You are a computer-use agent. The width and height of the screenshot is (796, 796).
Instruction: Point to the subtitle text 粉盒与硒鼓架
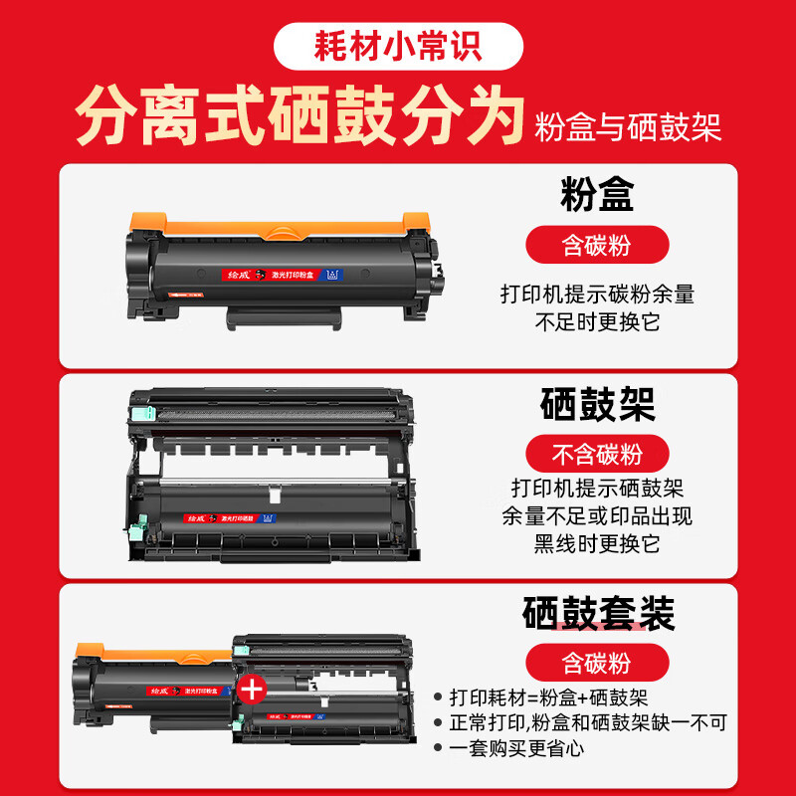tap(628, 127)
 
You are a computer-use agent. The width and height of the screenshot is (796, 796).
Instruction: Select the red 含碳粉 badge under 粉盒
tap(597, 244)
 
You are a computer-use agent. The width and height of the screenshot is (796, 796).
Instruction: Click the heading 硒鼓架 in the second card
tap(598, 405)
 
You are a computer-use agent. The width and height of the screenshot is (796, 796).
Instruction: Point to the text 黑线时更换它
tap(598, 543)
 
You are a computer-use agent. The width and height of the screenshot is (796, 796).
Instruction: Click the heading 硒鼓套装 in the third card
tap(598, 614)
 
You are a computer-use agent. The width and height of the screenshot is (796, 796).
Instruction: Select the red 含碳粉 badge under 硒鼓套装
tap(597, 662)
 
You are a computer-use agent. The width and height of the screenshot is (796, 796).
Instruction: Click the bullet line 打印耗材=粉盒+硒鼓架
tap(547, 699)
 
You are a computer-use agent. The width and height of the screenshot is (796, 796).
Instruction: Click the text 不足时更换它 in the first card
tap(598, 321)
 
